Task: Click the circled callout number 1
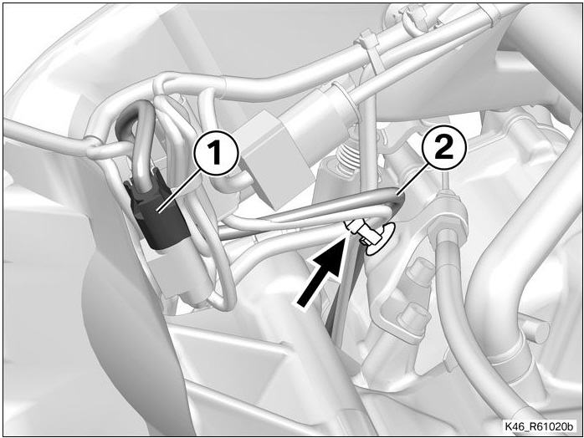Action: (216, 154)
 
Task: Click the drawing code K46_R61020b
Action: (538, 425)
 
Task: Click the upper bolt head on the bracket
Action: (419, 274)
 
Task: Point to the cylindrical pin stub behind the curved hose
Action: (536, 328)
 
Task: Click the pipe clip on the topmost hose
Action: (409, 16)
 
